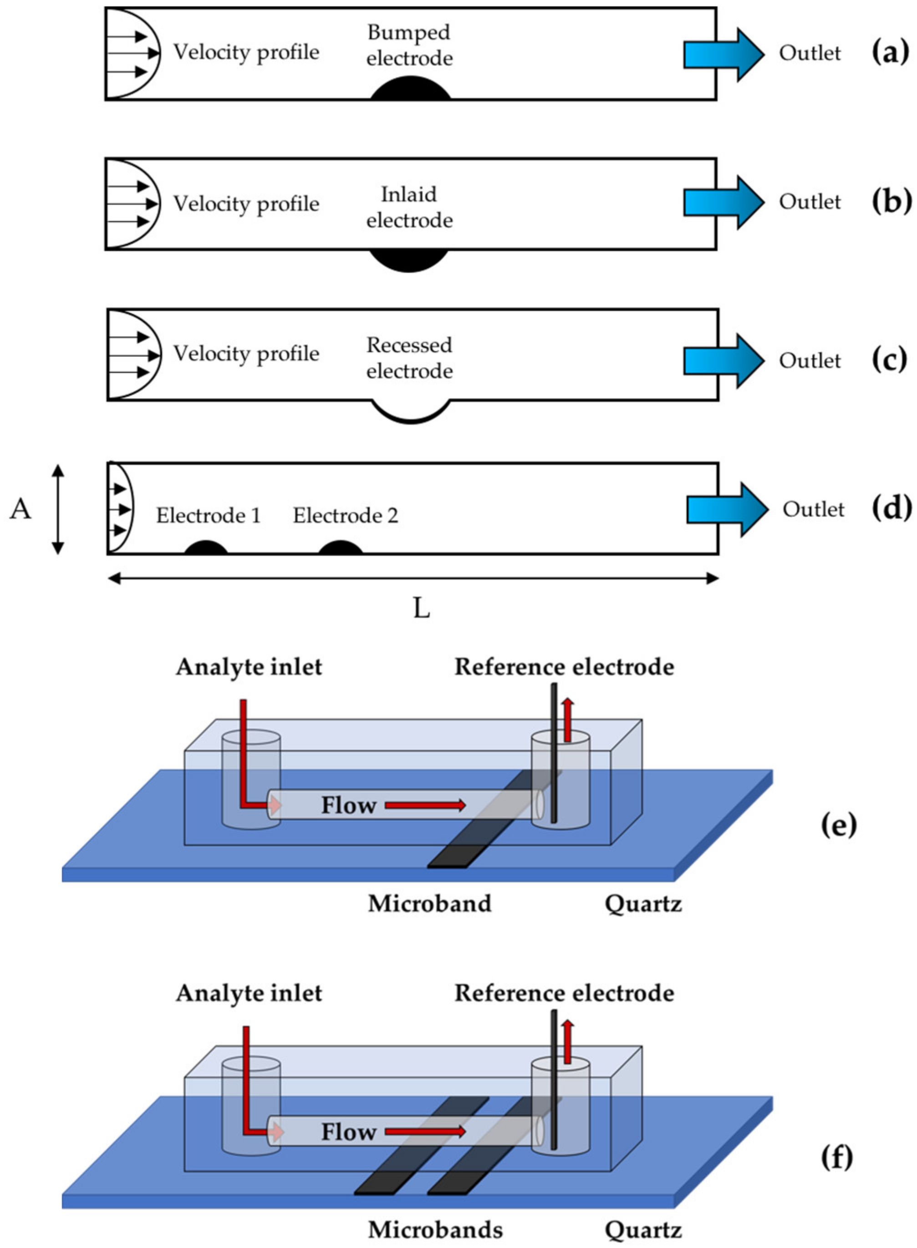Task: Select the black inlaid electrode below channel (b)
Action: [x=409, y=260]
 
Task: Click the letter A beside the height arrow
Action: [x=20, y=508]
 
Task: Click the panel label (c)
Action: [x=890, y=360]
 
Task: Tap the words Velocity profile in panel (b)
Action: [x=246, y=203]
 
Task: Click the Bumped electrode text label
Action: [x=409, y=45]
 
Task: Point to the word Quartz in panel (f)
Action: [x=643, y=1230]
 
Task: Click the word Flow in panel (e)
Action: [x=349, y=805]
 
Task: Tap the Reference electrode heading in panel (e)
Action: [x=564, y=667]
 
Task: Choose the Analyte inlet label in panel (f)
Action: [x=249, y=993]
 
